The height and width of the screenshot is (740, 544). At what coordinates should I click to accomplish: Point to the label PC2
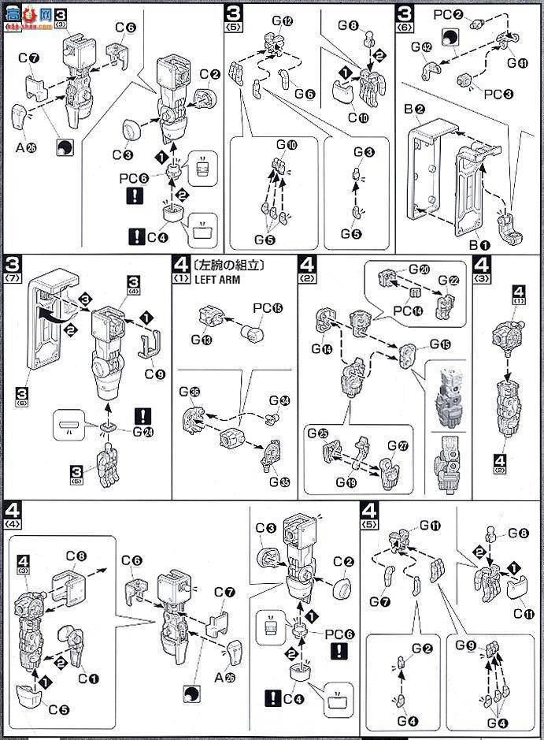point(446,14)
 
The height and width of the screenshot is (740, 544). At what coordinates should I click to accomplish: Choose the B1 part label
point(479,245)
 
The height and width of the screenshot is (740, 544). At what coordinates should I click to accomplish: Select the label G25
point(318,433)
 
